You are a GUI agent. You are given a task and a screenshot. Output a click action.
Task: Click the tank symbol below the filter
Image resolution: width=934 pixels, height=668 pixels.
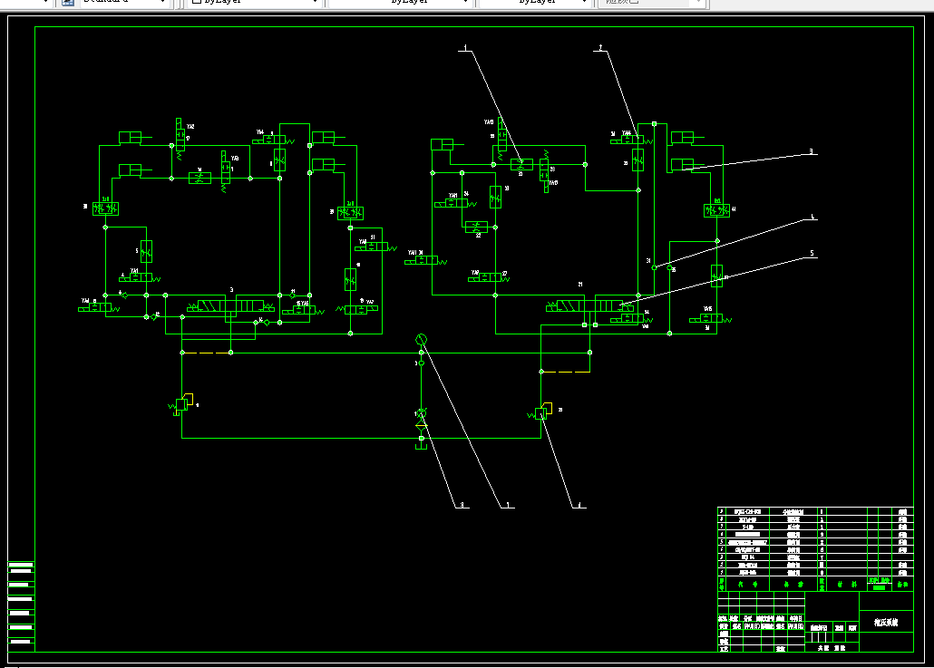(x=421, y=441)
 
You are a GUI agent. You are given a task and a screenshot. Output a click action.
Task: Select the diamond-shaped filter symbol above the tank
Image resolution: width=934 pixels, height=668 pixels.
(x=421, y=413)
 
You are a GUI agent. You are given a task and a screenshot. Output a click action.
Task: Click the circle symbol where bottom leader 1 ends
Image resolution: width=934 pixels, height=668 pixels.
(x=421, y=339)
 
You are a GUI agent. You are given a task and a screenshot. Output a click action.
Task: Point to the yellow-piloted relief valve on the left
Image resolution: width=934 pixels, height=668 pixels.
(x=181, y=402)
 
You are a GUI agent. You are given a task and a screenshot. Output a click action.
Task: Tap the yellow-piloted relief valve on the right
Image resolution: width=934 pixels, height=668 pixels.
(x=541, y=413)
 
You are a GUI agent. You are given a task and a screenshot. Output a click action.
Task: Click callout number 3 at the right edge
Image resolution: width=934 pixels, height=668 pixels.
(x=812, y=151)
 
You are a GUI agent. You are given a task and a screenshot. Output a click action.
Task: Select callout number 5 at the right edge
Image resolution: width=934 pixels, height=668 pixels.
(x=812, y=253)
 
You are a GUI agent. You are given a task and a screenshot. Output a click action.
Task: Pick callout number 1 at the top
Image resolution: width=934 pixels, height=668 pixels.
(x=465, y=46)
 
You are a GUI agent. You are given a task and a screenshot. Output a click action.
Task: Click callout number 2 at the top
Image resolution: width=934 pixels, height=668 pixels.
(x=600, y=46)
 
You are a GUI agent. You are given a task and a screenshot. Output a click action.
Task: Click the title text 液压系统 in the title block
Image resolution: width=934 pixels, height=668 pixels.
(x=885, y=623)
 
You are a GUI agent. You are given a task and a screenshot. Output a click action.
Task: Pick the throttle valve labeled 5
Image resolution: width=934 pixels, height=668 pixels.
(x=146, y=250)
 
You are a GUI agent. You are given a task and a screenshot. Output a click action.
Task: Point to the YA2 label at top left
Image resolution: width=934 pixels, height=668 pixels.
(x=190, y=127)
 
